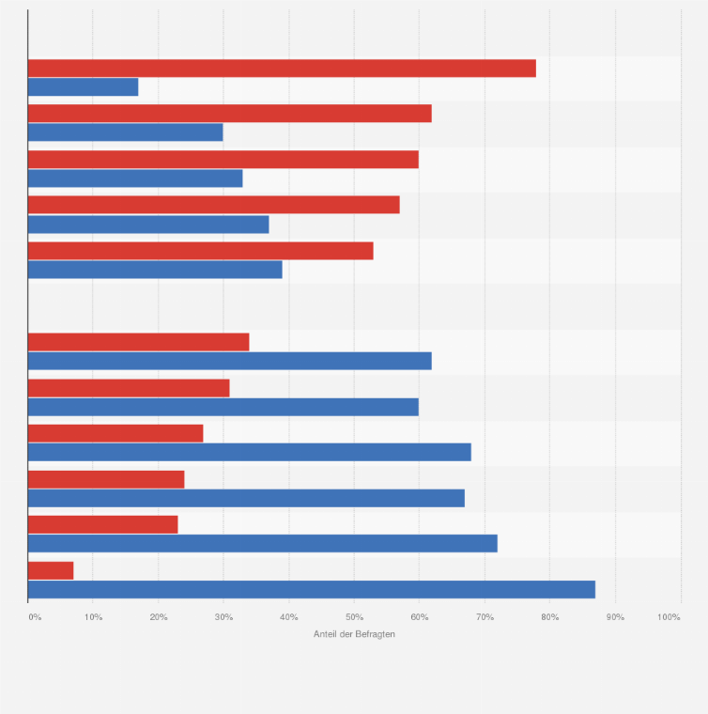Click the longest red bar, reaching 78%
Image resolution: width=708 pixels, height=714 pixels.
tap(282, 69)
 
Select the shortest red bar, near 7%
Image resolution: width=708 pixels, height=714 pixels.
tap(51, 570)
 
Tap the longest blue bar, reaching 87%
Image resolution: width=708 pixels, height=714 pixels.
tap(312, 589)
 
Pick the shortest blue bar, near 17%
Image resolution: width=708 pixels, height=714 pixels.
tap(83, 87)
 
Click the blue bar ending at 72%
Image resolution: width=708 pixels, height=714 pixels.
tap(263, 543)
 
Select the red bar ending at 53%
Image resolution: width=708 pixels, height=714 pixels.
tap(201, 251)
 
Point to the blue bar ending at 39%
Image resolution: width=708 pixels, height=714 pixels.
tap(155, 270)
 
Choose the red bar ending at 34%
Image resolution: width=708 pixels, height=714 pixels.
tap(139, 342)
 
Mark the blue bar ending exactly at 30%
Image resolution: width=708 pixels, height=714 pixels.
tap(126, 132)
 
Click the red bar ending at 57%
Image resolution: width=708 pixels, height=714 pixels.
tap(214, 205)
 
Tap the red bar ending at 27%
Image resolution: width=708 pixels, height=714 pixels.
tap(115, 433)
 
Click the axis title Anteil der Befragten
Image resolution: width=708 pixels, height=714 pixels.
tap(354, 634)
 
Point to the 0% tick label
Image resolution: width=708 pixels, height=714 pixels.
tap(35, 617)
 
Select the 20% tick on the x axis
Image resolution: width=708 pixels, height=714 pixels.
tap(159, 617)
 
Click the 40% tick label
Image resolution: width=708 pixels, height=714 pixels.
tap(289, 617)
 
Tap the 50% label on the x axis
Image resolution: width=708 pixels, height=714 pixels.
tap(354, 617)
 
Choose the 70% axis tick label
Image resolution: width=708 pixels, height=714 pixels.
tap(485, 617)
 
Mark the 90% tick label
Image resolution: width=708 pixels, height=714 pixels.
tap(615, 617)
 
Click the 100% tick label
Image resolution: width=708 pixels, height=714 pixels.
tap(669, 617)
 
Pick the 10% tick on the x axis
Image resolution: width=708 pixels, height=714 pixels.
tap(93, 617)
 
